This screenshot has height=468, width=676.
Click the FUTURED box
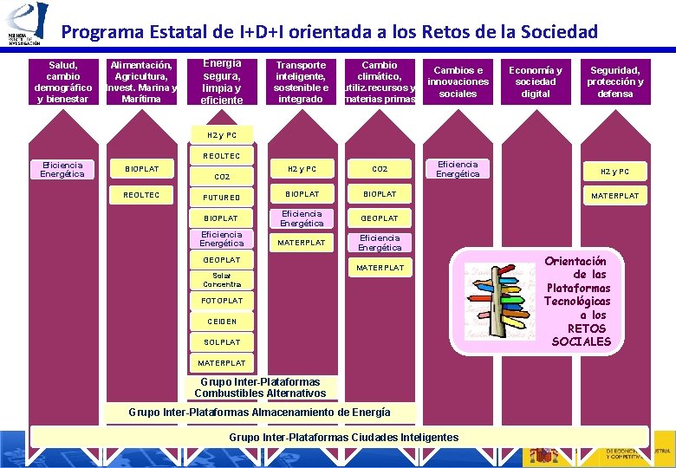click(x=222, y=197)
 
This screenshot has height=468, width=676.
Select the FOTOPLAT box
click(x=222, y=300)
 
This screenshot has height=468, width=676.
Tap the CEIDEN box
click(x=222, y=322)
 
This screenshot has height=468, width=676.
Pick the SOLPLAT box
click(x=222, y=342)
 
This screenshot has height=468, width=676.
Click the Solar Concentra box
click(x=222, y=280)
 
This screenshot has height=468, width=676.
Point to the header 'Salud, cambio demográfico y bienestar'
click(x=62, y=81)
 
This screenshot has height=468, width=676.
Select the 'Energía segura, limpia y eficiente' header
click(x=222, y=81)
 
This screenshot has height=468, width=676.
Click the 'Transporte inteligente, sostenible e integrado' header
click(x=302, y=81)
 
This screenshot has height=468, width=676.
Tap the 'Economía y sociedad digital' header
click(x=535, y=81)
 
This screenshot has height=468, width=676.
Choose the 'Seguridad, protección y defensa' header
click(x=614, y=81)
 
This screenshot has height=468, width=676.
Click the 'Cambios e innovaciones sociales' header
click(x=458, y=81)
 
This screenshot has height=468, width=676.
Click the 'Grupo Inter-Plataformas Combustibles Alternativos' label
click(x=260, y=387)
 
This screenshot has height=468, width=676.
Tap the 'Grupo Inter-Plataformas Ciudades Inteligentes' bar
click(x=343, y=437)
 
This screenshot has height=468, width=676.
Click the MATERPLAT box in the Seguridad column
click(x=614, y=196)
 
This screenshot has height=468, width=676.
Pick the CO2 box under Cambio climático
click(x=380, y=169)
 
